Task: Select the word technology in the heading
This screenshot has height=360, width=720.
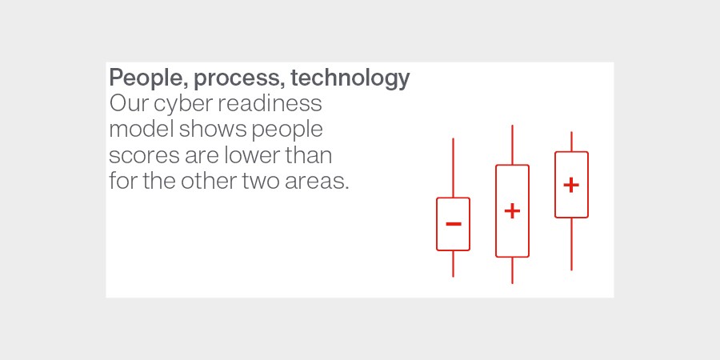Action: [350, 78]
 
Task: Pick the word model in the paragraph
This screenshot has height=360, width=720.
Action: [142, 129]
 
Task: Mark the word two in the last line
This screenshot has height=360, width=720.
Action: [261, 182]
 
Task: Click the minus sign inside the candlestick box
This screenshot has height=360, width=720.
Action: [454, 224]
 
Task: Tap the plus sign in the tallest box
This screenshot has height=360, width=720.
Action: [512, 211]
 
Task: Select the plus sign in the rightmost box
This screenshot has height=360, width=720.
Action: [571, 185]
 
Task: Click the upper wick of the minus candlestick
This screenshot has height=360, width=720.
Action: [454, 168]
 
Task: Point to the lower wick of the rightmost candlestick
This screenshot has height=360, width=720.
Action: [571, 244]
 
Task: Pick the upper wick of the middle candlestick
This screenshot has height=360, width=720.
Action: [512, 145]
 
